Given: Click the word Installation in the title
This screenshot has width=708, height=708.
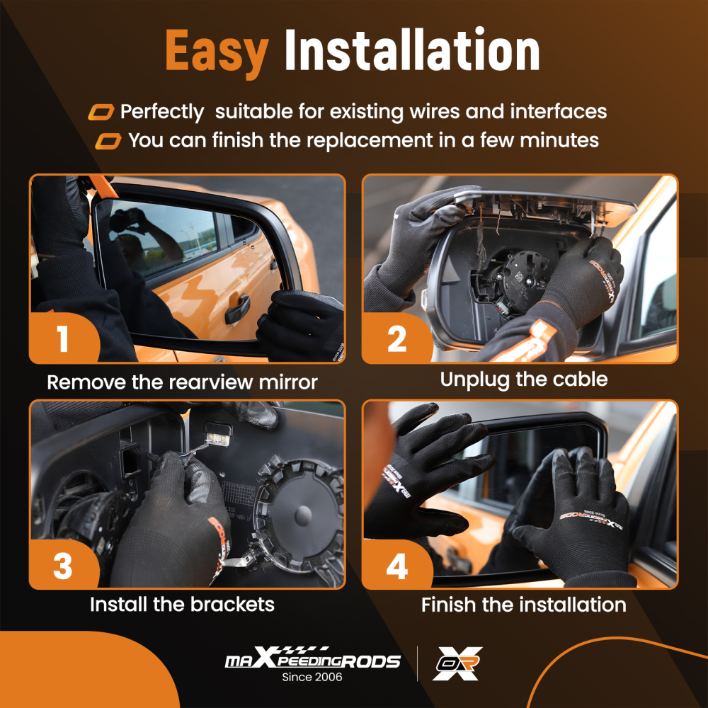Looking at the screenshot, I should click(412, 51).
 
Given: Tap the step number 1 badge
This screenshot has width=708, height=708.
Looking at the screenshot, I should click(63, 338).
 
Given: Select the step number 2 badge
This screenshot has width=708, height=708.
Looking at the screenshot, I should click(396, 338).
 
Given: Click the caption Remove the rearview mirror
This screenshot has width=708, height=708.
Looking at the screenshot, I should click(182, 383).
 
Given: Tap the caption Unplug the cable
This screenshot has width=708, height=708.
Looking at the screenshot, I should click(523, 379).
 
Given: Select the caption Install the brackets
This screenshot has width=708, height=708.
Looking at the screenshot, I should click(182, 605).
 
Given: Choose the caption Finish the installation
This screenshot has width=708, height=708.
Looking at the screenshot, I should click(523, 605).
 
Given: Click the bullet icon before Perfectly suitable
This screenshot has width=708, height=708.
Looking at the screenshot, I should click(101, 113).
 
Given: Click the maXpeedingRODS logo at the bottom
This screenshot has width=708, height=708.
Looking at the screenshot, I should click(312, 660).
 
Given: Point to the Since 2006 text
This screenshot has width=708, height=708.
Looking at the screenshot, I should click(312, 678).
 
